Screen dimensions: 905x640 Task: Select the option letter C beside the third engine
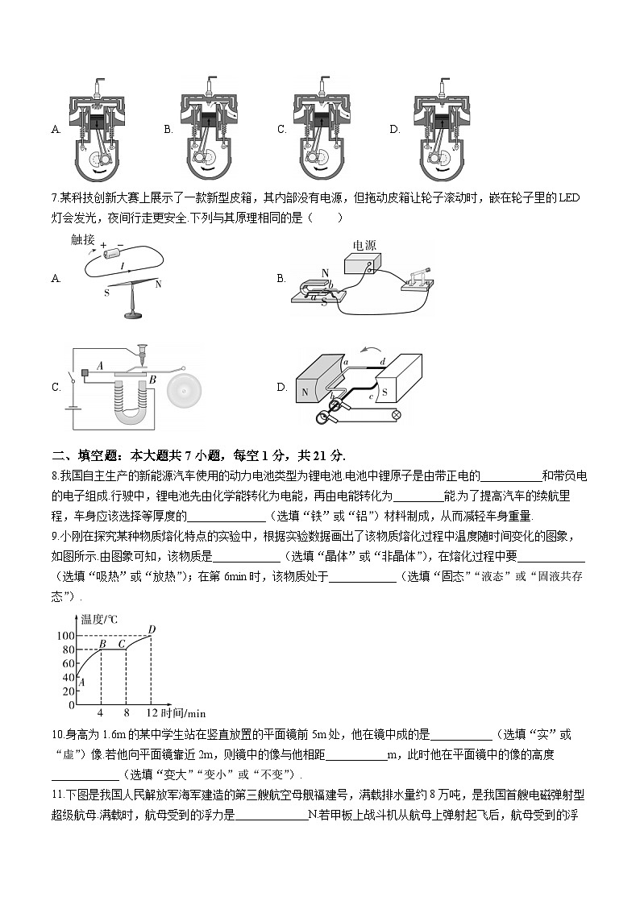(282, 129)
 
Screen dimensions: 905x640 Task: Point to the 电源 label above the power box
(364, 245)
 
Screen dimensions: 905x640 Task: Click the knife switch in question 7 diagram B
(417, 278)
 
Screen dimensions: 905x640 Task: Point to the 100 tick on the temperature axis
(65, 636)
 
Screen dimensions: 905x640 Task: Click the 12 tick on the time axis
(150, 713)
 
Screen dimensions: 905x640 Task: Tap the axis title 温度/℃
(99, 619)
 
